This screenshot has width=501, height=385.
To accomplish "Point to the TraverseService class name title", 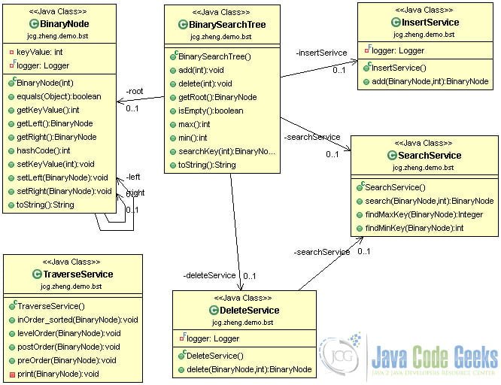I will pyautogui.click(x=77, y=274).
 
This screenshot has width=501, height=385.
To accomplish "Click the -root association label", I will pyautogui.click(x=136, y=91).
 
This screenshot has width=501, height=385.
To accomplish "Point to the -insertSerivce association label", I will pyautogui.click(x=321, y=53).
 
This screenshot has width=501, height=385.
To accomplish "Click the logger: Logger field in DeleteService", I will pyautogui.click(x=213, y=338).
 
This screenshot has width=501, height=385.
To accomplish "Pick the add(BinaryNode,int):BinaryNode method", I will pyautogui.click(x=427, y=81).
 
